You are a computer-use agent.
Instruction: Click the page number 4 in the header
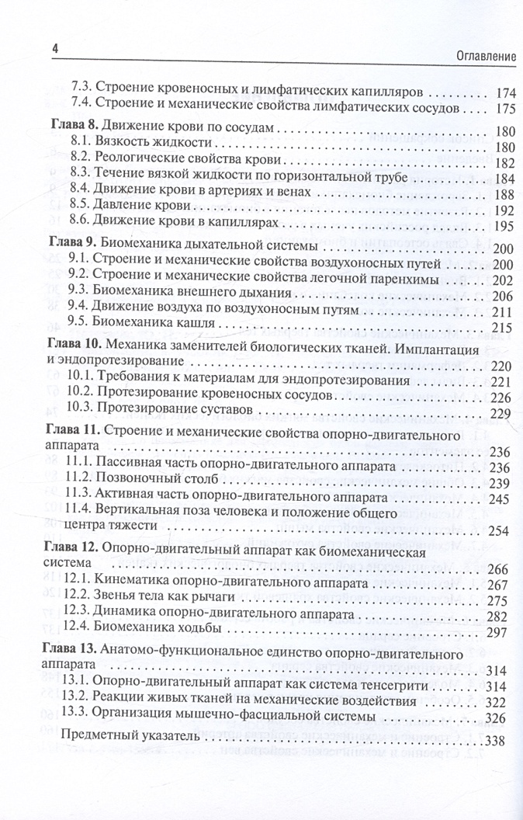[x=54, y=47]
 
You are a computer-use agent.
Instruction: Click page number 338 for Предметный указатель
[x=494, y=742]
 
